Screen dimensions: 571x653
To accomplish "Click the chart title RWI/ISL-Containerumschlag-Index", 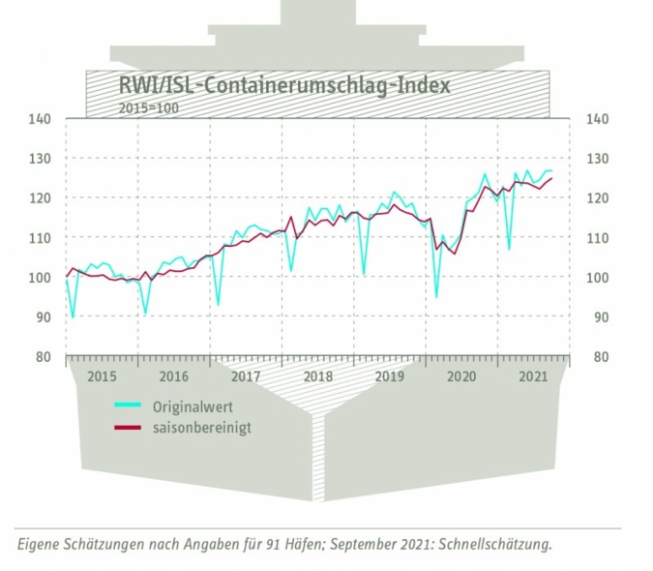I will (x=283, y=84).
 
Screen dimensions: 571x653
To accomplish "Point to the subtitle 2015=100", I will (x=148, y=107).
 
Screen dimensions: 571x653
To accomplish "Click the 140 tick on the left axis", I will (x=40, y=119).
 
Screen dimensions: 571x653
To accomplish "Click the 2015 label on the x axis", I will (x=102, y=376).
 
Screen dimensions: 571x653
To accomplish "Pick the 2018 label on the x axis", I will (x=317, y=376).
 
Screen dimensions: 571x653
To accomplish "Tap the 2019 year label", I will (x=389, y=376).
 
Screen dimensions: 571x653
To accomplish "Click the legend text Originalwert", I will (x=198, y=406).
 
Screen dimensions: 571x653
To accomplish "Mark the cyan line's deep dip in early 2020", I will (x=436, y=296).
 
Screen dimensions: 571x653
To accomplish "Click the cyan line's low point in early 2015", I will (x=73, y=316).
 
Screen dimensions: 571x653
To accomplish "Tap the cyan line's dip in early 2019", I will (x=364, y=274).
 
